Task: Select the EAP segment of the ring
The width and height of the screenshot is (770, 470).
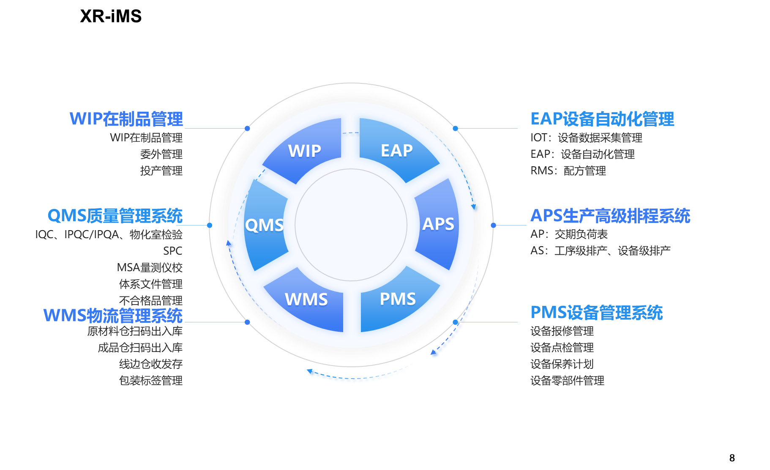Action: pyautogui.click(x=396, y=150)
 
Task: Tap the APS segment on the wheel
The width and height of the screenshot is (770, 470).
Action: pyautogui.click(x=438, y=224)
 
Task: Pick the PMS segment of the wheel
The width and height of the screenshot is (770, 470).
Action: pyautogui.click(x=398, y=299)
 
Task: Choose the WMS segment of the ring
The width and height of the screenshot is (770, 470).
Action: pyautogui.click(x=306, y=300)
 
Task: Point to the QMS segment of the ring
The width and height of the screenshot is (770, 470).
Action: pyautogui.click(x=265, y=225)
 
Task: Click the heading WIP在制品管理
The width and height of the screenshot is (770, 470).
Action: pyautogui.click(x=126, y=119)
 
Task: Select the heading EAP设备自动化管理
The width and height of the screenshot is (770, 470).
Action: pyautogui.click(x=602, y=119)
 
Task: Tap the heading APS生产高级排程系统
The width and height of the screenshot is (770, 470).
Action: pyautogui.click(x=610, y=216)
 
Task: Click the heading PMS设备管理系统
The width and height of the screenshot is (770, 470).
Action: pyautogui.click(x=596, y=313)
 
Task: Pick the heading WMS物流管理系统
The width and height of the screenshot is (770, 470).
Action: pyautogui.click(x=113, y=316)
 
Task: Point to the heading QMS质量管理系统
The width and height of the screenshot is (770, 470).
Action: pyautogui.click(x=115, y=216)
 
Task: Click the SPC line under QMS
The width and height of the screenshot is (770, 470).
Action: pyautogui.click(x=172, y=251)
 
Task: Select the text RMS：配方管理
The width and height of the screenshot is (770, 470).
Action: pyautogui.click(x=568, y=171)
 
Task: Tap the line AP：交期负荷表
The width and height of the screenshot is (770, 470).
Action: pyautogui.click(x=569, y=234)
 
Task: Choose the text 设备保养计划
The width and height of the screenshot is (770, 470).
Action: pyautogui.click(x=562, y=364)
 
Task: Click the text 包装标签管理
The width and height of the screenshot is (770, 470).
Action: pyautogui.click(x=150, y=381)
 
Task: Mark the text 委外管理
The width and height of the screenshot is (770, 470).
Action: pyautogui.click(x=161, y=154)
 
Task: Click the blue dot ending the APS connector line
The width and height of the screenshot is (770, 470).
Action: pyautogui.click(x=494, y=225)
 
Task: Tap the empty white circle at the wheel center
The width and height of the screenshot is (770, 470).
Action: pyautogui.click(x=351, y=225)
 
